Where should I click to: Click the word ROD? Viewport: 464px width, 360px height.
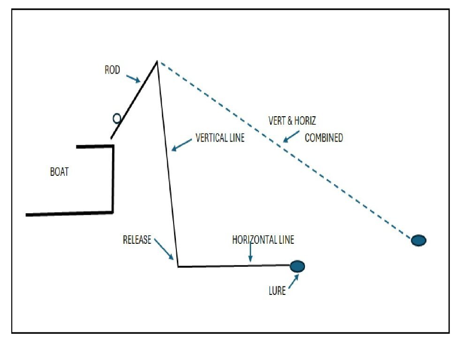pos(112,70)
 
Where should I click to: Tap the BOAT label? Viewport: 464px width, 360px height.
pos(59,172)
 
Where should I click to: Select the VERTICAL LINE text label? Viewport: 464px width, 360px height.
pos(220,139)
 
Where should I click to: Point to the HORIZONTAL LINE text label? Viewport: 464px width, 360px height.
pos(263,240)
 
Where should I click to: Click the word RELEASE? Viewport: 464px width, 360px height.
pos(137,240)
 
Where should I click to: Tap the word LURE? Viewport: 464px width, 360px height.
pos(277,291)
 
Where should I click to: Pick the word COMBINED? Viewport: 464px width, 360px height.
pos(324,138)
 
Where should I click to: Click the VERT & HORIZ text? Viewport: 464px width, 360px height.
pos(292,120)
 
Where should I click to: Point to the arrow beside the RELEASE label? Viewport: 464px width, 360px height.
pos(164,249)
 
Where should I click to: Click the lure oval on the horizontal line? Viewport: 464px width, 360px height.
pos(297,266)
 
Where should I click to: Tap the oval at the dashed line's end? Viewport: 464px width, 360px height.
pos(418,240)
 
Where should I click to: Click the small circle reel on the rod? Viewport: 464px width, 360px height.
pos(117,119)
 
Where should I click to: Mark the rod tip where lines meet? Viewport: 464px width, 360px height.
pos(157,61)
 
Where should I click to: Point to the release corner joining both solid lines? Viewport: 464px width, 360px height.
pos(178,267)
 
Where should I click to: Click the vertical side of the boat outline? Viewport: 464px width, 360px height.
pos(113,178)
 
